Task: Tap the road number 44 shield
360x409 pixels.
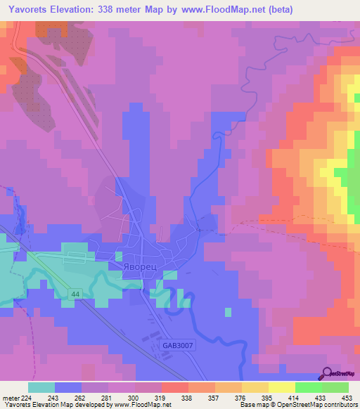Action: (x=75, y=293)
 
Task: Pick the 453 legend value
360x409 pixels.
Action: (x=345, y=398)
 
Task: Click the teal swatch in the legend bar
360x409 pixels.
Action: (x=41, y=387)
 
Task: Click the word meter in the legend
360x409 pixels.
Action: (x=10, y=398)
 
